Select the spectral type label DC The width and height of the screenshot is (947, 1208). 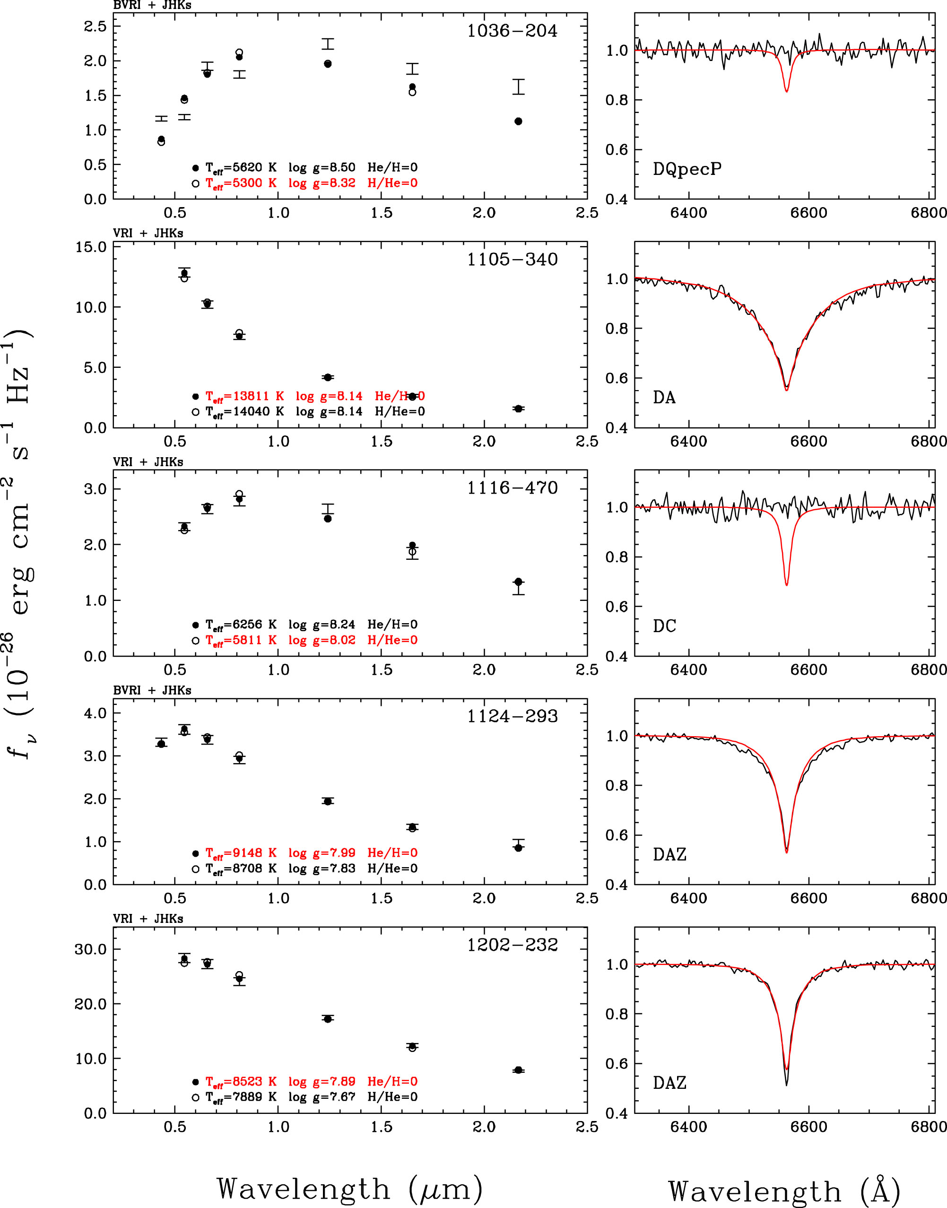pos(664,626)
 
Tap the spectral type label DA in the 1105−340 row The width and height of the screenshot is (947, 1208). pos(664,398)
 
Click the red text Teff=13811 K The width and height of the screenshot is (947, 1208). pos(244,396)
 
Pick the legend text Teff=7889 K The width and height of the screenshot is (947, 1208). pos(241,1097)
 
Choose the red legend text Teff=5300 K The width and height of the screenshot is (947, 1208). pos(241,183)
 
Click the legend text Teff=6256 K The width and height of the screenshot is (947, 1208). pos(241,625)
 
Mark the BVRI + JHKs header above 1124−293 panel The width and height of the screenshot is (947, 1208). pos(152,691)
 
